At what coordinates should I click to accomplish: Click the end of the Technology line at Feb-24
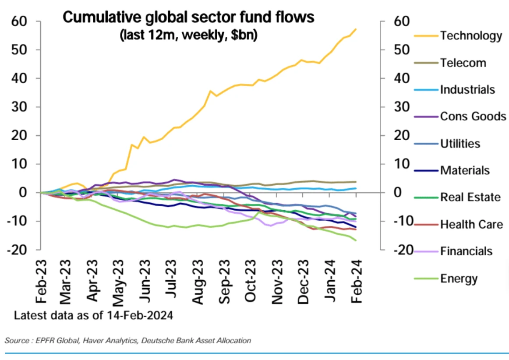click(x=356, y=29)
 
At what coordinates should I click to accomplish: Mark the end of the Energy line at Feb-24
click(x=356, y=240)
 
